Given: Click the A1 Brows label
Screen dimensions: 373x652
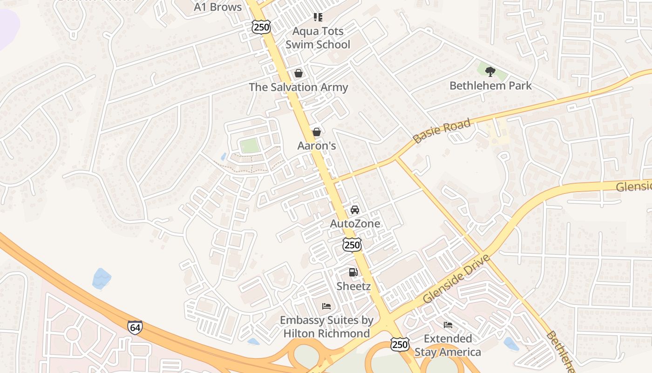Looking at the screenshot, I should click(x=218, y=7).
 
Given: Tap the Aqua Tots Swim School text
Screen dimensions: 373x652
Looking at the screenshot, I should click(x=318, y=38).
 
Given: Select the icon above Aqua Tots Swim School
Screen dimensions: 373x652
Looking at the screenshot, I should click(x=318, y=18).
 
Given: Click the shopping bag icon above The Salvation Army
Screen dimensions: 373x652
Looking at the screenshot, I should click(x=299, y=73).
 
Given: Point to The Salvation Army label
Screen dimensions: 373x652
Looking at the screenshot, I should click(x=299, y=87).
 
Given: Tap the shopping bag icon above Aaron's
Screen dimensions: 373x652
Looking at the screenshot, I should click(x=317, y=132).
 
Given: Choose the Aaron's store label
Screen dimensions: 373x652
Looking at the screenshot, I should click(x=317, y=146).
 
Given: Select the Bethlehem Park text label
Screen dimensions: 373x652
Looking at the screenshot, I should click(x=490, y=86).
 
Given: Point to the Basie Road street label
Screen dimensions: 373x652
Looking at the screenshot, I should click(x=441, y=131).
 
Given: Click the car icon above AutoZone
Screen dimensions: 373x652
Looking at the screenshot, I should click(x=355, y=210).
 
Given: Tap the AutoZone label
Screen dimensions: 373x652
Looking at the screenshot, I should click(x=355, y=224).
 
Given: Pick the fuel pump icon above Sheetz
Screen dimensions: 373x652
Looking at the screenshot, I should click(x=353, y=272).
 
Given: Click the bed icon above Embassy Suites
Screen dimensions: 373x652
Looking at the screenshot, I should click(x=326, y=306).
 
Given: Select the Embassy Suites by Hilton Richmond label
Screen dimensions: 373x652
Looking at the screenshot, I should click(x=326, y=327).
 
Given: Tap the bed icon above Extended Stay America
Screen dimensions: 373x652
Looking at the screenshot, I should click(x=448, y=325).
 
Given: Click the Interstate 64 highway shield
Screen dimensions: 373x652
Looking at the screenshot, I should click(x=135, y=327).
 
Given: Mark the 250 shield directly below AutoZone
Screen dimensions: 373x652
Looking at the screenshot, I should click(x=352, y=245).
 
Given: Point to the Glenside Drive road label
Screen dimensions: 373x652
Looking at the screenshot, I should click(x=456, y=279).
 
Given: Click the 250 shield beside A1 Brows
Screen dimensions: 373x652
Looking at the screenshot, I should click(x=261, y=27).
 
